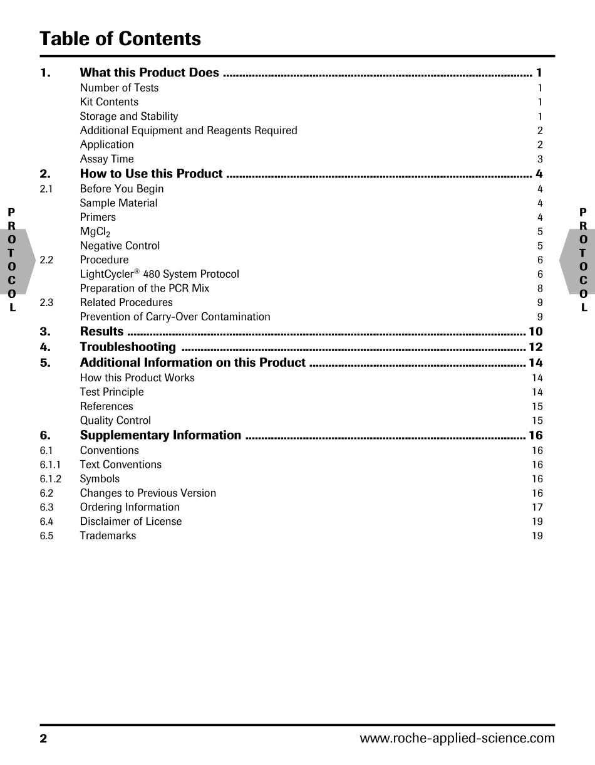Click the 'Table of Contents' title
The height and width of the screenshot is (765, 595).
tap(120, 39)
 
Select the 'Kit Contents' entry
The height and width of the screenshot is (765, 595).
tap(109, 102)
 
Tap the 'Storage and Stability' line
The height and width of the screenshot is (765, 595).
tap(129, 116)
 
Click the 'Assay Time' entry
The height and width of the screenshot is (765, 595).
tap(106, 159)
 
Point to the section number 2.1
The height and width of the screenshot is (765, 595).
tap(46, 189)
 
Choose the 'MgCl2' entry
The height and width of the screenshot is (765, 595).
tap(95, 232)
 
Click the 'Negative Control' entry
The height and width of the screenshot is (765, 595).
tap(120, 246)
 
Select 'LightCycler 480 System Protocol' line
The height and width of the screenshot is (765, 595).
tap(159, 274)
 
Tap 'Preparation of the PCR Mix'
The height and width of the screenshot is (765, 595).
tap(145, 288)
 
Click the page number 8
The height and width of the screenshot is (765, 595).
tap(540, 288)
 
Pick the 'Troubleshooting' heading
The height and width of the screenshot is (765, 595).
tap(128, 347)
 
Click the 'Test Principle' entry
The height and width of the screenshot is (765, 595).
tap(111, 392)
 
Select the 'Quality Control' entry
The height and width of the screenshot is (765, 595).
tap(115, 421)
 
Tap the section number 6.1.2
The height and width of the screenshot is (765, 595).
tap(50, 479)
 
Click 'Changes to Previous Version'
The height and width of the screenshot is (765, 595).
tap(148, 493)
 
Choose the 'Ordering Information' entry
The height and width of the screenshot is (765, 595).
tap(130, 507)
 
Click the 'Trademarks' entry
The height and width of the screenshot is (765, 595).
tap(108, 535)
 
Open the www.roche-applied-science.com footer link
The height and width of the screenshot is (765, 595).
tap(457, 738)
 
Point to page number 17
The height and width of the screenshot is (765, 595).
tap(537, 507)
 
